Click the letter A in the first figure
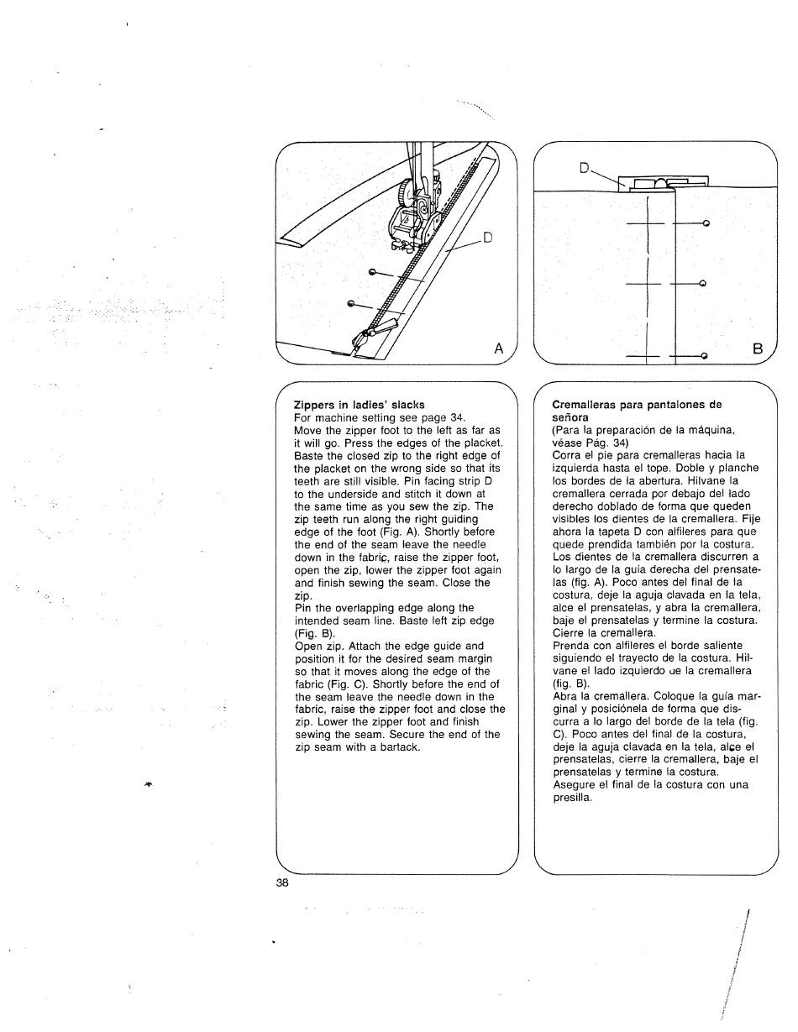[499, 348]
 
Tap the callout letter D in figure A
[486, 238]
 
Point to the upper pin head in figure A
[371, 272]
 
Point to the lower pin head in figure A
[351, 302]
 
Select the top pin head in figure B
[706, 223]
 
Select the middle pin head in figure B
[702, 284]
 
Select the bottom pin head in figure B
[705, 356]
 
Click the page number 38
[281, 883]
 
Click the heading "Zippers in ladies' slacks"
[360, 405]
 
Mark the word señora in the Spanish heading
[570, 417]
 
